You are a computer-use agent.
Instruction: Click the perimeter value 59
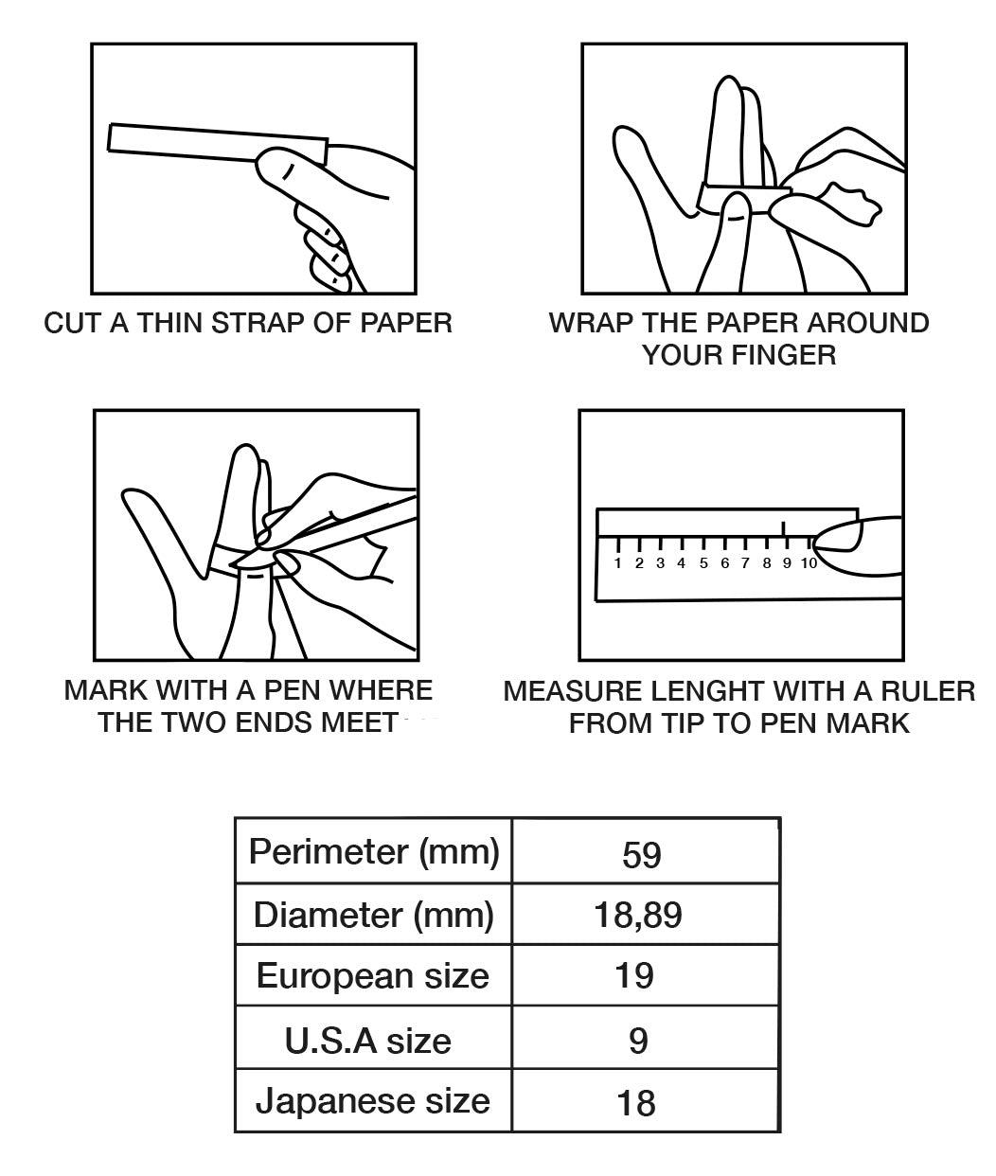(x=641, y=855)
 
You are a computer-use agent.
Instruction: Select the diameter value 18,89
(x=637, y=916)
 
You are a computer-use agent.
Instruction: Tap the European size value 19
(x=634, y=976)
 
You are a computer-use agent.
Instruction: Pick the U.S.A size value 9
(x=638, y=1041)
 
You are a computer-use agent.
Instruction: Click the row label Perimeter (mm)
(x=374, y=853)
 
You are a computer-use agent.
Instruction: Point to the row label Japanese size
(x=373, y=1102)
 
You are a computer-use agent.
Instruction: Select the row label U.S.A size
(x=368, y=1041)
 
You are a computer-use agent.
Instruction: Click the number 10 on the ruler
(x=809, y=563)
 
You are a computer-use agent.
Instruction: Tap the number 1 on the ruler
(x=617, y=563)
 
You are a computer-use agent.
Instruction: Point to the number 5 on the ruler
(x=703, y=563)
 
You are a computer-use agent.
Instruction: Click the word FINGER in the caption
(x=784, y=355)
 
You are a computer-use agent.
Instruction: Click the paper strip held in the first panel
(x=218, y=143)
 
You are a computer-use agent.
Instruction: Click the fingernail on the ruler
(x=837, y=538)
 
